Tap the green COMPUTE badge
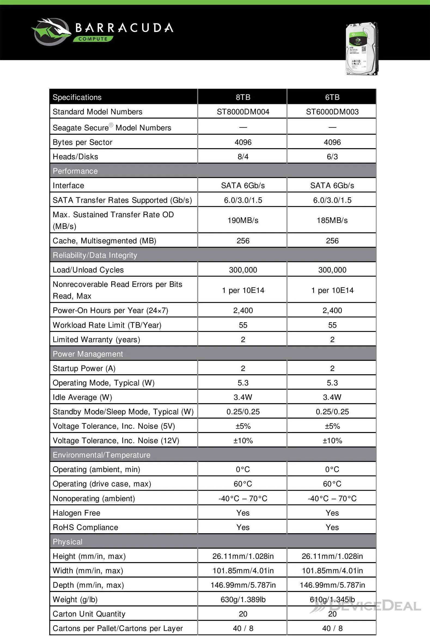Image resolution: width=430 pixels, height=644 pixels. pyautogui.click(x=93, y=39)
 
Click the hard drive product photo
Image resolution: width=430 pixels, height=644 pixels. pyautogui.click(x=362, y=49)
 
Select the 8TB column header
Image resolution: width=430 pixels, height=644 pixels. pyautogui.click(x=243, y=97)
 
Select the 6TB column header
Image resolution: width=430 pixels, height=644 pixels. pyautogui.click(x=332, y=97)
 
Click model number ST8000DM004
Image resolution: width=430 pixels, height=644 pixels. pyautogui.click(x=243, y=112)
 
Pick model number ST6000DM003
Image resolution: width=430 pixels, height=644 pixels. pyautogui.click(x=332, y=112)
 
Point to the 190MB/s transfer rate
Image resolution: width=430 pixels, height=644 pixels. pyautogui.click(x=243, y=220)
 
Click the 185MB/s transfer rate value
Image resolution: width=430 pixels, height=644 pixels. pyautogui.click(x=332, y=220)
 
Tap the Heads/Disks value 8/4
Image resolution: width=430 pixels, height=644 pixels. pyautogui.click(x=243, y=157)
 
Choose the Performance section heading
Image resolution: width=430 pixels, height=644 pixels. pyautogui.click(x=75, y=171)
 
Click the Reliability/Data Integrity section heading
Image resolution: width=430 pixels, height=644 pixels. pyautogui.click(x=95, y=255)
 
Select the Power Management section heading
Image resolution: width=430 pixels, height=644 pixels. pyautogui.click(x=88, y=354)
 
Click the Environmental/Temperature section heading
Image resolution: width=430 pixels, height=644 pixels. pyautogui.click(x=102, y=455)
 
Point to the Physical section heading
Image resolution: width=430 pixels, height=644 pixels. pyautogui.click(x=68, y=542)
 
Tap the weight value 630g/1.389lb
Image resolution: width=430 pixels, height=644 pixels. pyautogui.click(x=243, y=600)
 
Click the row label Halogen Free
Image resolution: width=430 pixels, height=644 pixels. pyautogui.click(x=77, y=513)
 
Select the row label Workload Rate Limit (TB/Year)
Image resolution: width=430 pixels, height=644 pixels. pyautogui.click(x=107, y=325)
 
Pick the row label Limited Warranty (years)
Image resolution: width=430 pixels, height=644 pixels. pyautogui.click(x=96, y=339)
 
